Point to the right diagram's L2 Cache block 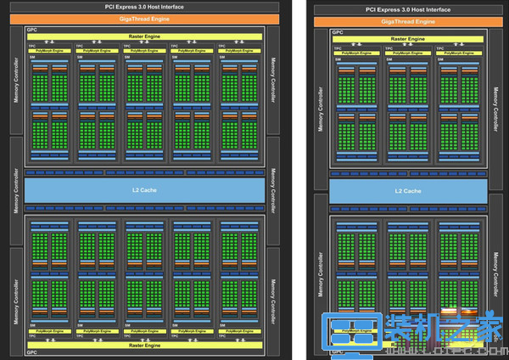click(408, 190)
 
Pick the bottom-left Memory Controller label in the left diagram click(14, 293)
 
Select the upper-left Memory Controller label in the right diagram click(320, 110)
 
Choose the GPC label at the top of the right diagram click(338, 32)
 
